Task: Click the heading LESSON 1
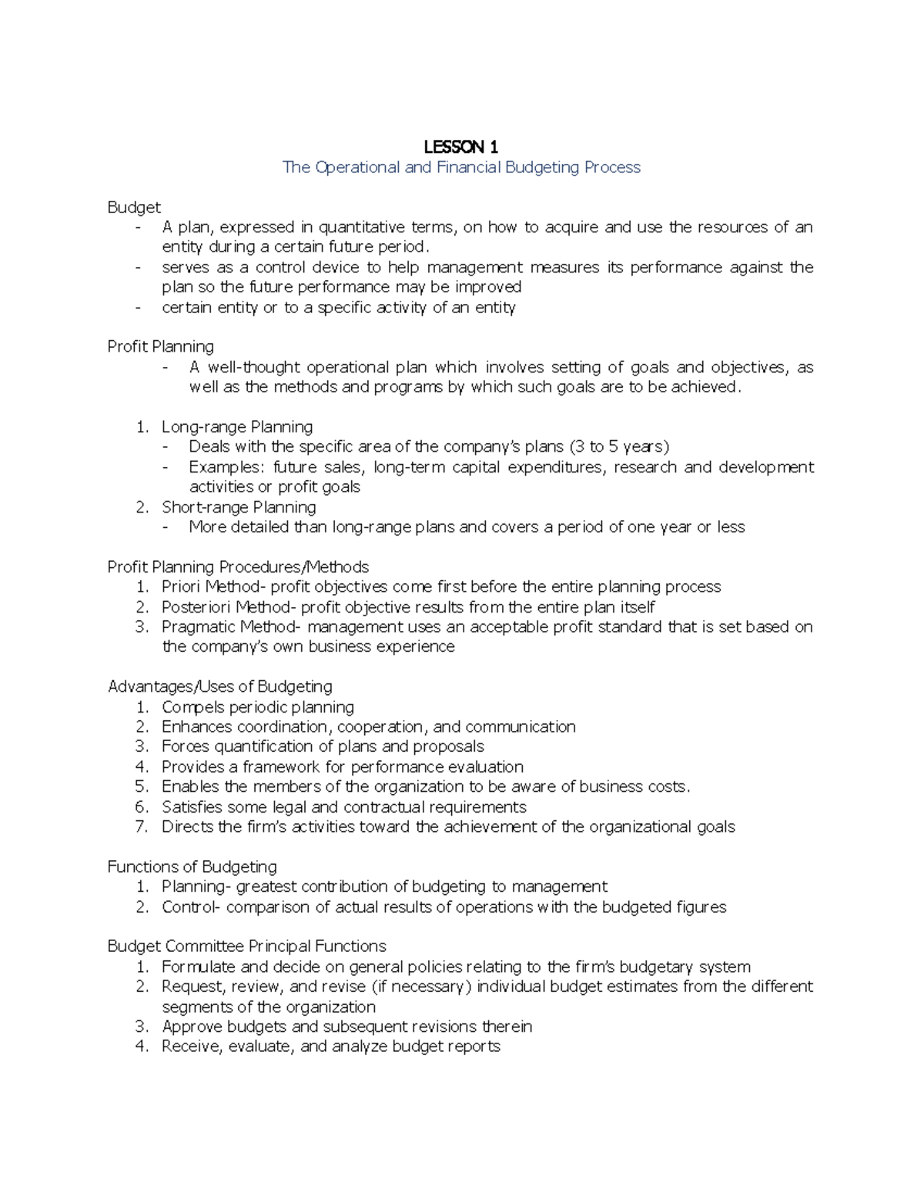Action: [461, 146]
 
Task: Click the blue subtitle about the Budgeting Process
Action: [461, 167]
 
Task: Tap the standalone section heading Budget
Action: [134, 207]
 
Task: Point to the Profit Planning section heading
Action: [160, 346]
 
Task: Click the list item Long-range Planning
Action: [237, 426]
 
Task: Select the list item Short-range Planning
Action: [239, 507]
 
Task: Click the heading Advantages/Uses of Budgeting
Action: [220, 686]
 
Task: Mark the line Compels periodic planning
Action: [258, 706]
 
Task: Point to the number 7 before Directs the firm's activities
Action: [141, 826]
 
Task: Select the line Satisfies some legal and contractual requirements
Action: [344, 806]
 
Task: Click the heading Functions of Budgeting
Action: [192, 866]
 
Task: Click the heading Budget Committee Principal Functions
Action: [246, 946]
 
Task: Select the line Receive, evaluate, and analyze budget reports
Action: [331, 1046]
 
